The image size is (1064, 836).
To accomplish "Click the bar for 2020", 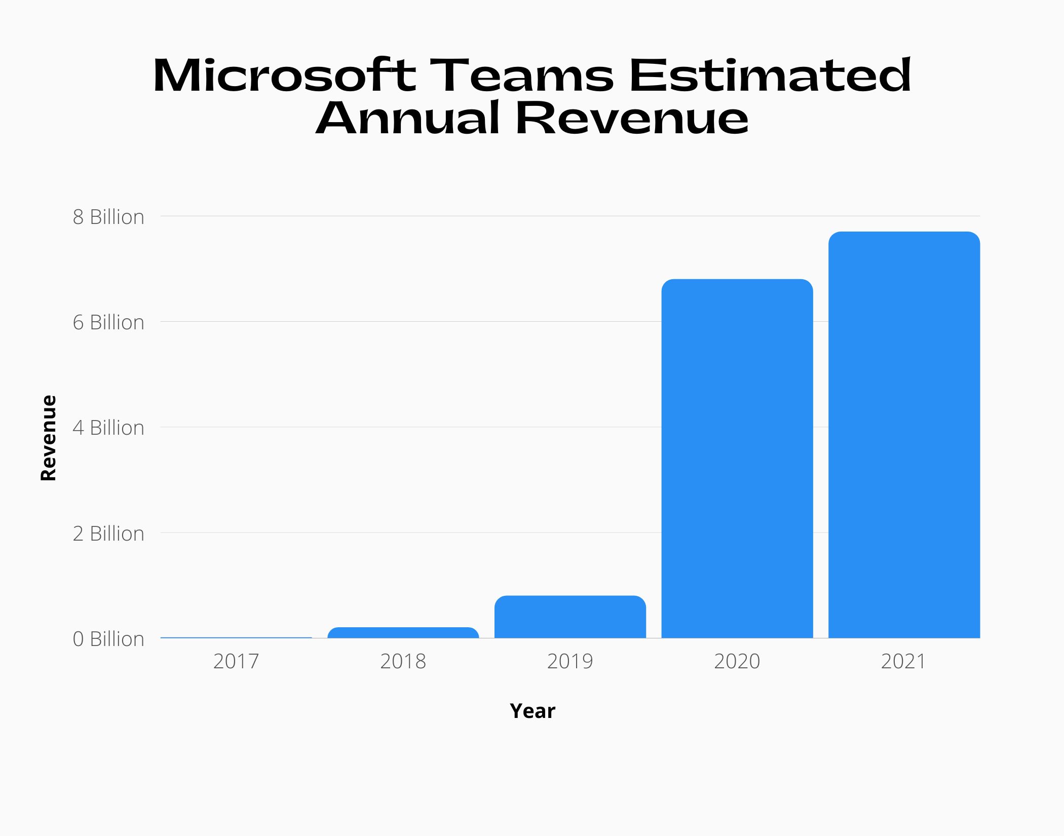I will click(x=737, y=459).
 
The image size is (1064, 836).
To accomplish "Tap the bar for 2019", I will click(x=570, y=617).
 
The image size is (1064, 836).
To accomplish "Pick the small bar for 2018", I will click(x=403, y=633).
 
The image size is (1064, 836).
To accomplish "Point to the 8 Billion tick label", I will click(x=108, y=217).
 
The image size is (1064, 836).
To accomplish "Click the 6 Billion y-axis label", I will click(x=108, y=322).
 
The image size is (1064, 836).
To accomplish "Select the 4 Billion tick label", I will click(x=108, y=428).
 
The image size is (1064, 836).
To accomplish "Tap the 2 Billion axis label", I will click(x=108, y=534).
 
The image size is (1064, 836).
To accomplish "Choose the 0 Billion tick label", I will click(x=108, y=639).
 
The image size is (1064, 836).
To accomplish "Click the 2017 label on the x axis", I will click(x=236, y=661).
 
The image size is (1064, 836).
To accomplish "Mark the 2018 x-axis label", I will click(x=403, y=661).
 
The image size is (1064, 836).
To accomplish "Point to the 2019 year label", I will click(x=570, y=661).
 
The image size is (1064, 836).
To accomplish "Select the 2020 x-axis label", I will click(x=737, y=661).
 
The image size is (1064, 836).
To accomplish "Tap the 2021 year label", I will click(x=903, y=661).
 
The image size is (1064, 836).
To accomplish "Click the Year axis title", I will click(x=532, y=711).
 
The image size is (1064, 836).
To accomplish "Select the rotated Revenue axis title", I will click(x=49, y=438).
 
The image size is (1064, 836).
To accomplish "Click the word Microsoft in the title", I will click(x=284, y=76).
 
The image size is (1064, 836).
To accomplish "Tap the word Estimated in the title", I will click(x=770, y=76).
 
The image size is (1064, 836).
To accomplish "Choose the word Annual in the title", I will click(x=408, y=119).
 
